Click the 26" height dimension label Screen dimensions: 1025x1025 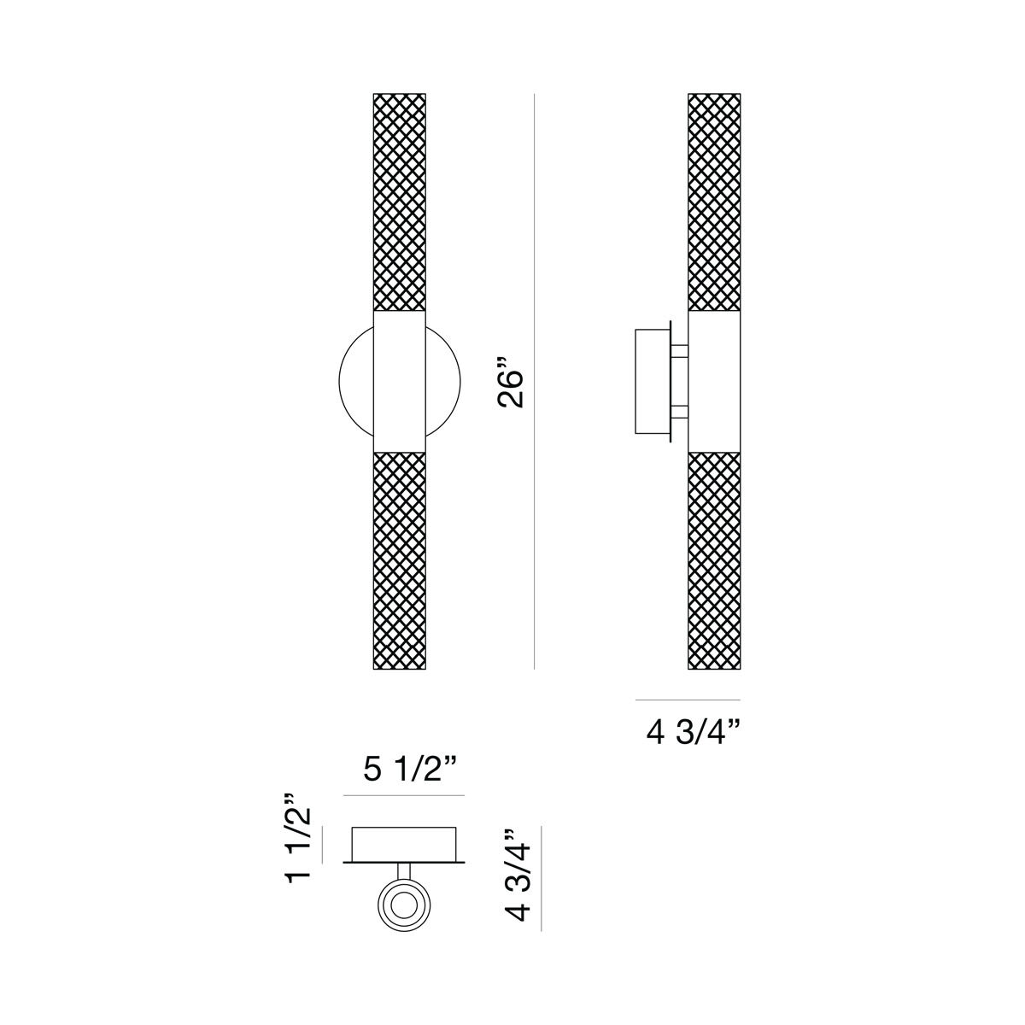[x=514, y=389]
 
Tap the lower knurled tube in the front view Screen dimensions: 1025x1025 [x=400, y=559]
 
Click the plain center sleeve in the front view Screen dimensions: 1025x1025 [x=400, y=381]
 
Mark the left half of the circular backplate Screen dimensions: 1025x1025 [x=356, y=381]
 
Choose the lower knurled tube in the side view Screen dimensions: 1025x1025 [x=714, y=559]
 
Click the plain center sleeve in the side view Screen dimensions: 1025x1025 [x=714, y=381]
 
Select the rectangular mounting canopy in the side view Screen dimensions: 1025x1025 [x=652, y=380]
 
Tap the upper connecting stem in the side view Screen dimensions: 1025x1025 [x=680, y=350]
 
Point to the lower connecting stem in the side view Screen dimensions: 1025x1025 [x=680, y=413]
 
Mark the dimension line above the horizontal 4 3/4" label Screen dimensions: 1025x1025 [x=688, y=700]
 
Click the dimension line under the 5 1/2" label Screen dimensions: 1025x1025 [x=403, y=796]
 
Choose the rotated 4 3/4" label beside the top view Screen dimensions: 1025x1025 [x=518, y=876]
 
